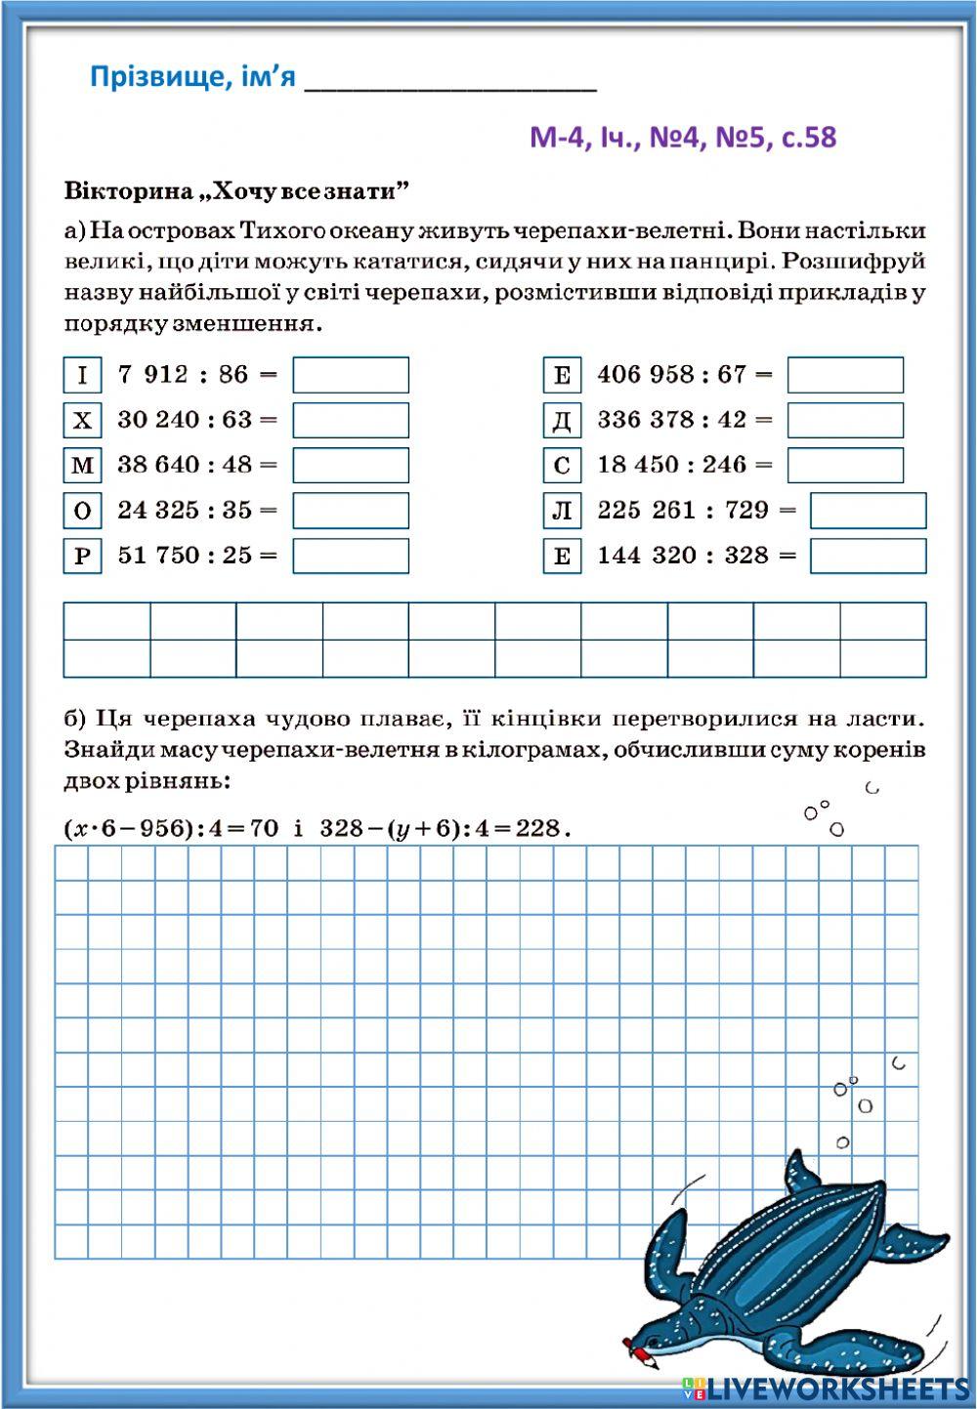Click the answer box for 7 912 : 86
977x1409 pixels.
pyautogui.click(x=351, y=375)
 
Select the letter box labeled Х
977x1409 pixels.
pyautogui.click(x=82, y=421)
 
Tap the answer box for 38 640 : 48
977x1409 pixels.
pyautogui.click(x=351, y=466)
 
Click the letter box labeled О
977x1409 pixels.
pyautogui.click(x=82, y=511)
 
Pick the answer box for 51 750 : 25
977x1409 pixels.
pyautogui.click(x=351, y=556)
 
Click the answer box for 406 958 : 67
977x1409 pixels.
pyautogui.click(x=845, y=375)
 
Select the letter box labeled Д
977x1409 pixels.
pyautogui.click(x=562, y=421)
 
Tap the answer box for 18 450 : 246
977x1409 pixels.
pyautogui.click(x=845, y=466)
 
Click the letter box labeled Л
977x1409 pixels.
pyautogui.click(x=562, y=511)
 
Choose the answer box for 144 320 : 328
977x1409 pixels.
pyautogui.click(x=868, y=556)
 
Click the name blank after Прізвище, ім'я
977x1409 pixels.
pyautogui.click(x=450, y=78)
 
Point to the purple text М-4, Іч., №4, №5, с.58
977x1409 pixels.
pyautogui.click(x=683, y=137)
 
